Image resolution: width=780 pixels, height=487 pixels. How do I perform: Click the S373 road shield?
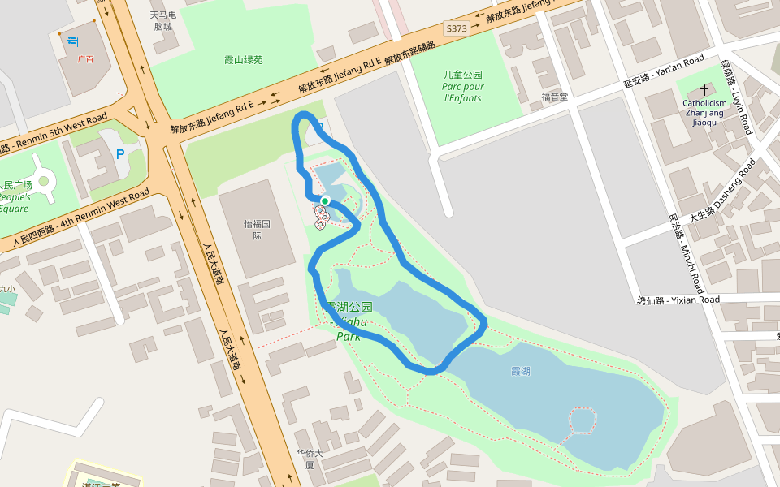click(457, 28)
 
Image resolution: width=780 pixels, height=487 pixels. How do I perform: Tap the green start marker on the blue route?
click(325, 200)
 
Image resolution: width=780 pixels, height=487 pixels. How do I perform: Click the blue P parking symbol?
click(121, 153)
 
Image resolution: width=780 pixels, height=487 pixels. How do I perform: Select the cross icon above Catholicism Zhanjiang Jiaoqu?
click(704, 90)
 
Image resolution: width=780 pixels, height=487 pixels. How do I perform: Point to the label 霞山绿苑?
click(244, 59)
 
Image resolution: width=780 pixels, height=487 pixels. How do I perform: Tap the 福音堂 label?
click(555, 96)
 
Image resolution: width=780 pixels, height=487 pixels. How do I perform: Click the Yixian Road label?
click(678, 300)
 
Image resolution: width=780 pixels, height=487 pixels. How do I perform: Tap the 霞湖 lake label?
click(520, 371)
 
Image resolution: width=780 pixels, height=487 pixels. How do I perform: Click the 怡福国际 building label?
click(257, 229)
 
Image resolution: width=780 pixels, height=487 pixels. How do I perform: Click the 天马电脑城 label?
click(164, 20)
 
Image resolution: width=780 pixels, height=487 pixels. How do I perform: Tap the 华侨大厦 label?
click(310, 459)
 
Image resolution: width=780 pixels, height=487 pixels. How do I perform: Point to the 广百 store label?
click(84, 59)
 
